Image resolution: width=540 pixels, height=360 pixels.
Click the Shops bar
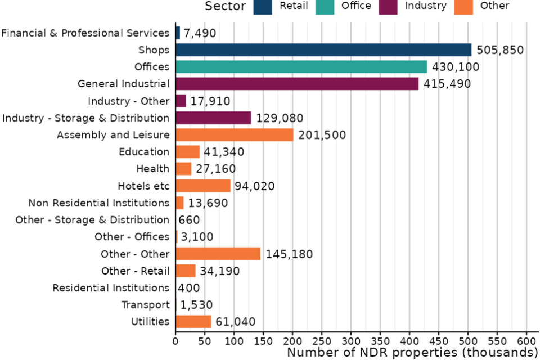[323, 50]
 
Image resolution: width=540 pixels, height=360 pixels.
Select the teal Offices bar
[301, 67]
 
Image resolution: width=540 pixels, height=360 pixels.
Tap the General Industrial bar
[297, 84]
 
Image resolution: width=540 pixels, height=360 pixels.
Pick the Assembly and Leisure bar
[235, 135]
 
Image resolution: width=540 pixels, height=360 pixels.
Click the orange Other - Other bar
[218, 254]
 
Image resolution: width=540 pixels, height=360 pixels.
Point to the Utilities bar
[193, 322]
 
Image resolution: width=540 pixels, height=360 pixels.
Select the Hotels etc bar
[203, 186]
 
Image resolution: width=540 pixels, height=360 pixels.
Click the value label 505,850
[500, 50]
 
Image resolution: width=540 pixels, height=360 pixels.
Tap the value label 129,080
[280, 118]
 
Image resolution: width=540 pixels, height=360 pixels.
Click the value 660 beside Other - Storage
[189, 220]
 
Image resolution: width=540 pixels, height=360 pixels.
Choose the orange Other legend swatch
[462, 6]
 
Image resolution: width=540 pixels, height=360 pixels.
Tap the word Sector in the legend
[225, 6]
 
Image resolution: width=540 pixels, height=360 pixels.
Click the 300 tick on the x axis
[351, 340]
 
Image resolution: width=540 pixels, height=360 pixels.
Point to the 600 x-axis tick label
[526, 340]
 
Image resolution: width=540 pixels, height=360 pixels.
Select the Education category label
[144, 152]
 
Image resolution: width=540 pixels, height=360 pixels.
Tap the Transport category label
[146, 305]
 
